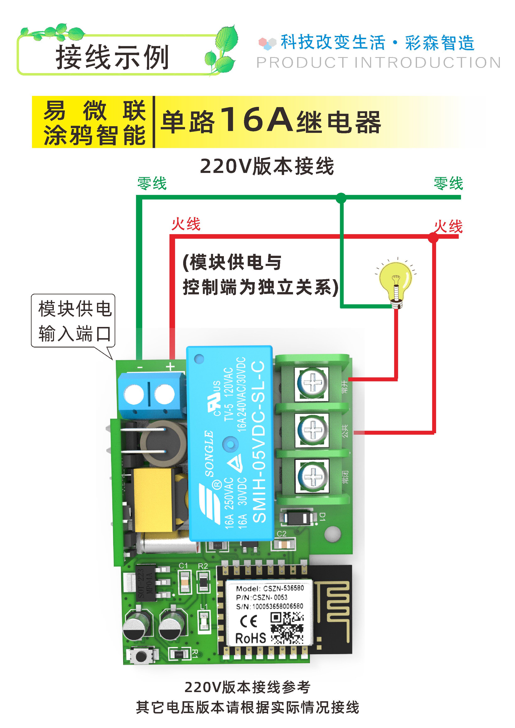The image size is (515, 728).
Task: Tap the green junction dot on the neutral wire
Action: tap(341, 198)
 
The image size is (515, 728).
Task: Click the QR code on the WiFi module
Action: tap(287, 628)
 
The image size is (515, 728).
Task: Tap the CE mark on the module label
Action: tap(249, 622)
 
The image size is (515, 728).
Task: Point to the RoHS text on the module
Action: tap(250, 638)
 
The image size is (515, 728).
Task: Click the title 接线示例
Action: tap(112, 57)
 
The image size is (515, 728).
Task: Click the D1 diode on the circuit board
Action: tap(298, 518)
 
